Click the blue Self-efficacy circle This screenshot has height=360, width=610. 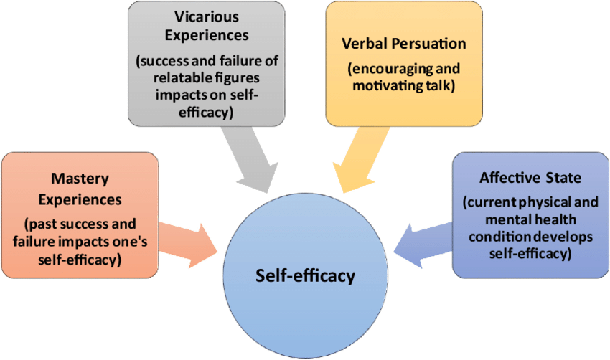pyautogui.click(x=305, y=276)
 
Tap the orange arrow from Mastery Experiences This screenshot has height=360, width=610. pyautogui.click(x=189, y=240)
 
